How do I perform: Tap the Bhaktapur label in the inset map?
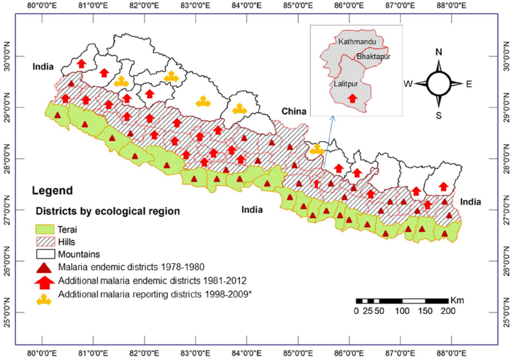(x=373, y=56)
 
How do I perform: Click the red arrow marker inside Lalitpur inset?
(x=352, y=98)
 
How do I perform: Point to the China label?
(x=293, y=112)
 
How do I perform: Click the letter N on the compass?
(x=439, y=52)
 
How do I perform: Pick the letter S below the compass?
(x=439, y=115)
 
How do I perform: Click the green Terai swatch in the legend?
(x=46, y=229)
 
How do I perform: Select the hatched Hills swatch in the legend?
(x=46, y=241)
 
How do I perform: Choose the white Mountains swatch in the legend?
(x=46, y=254)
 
